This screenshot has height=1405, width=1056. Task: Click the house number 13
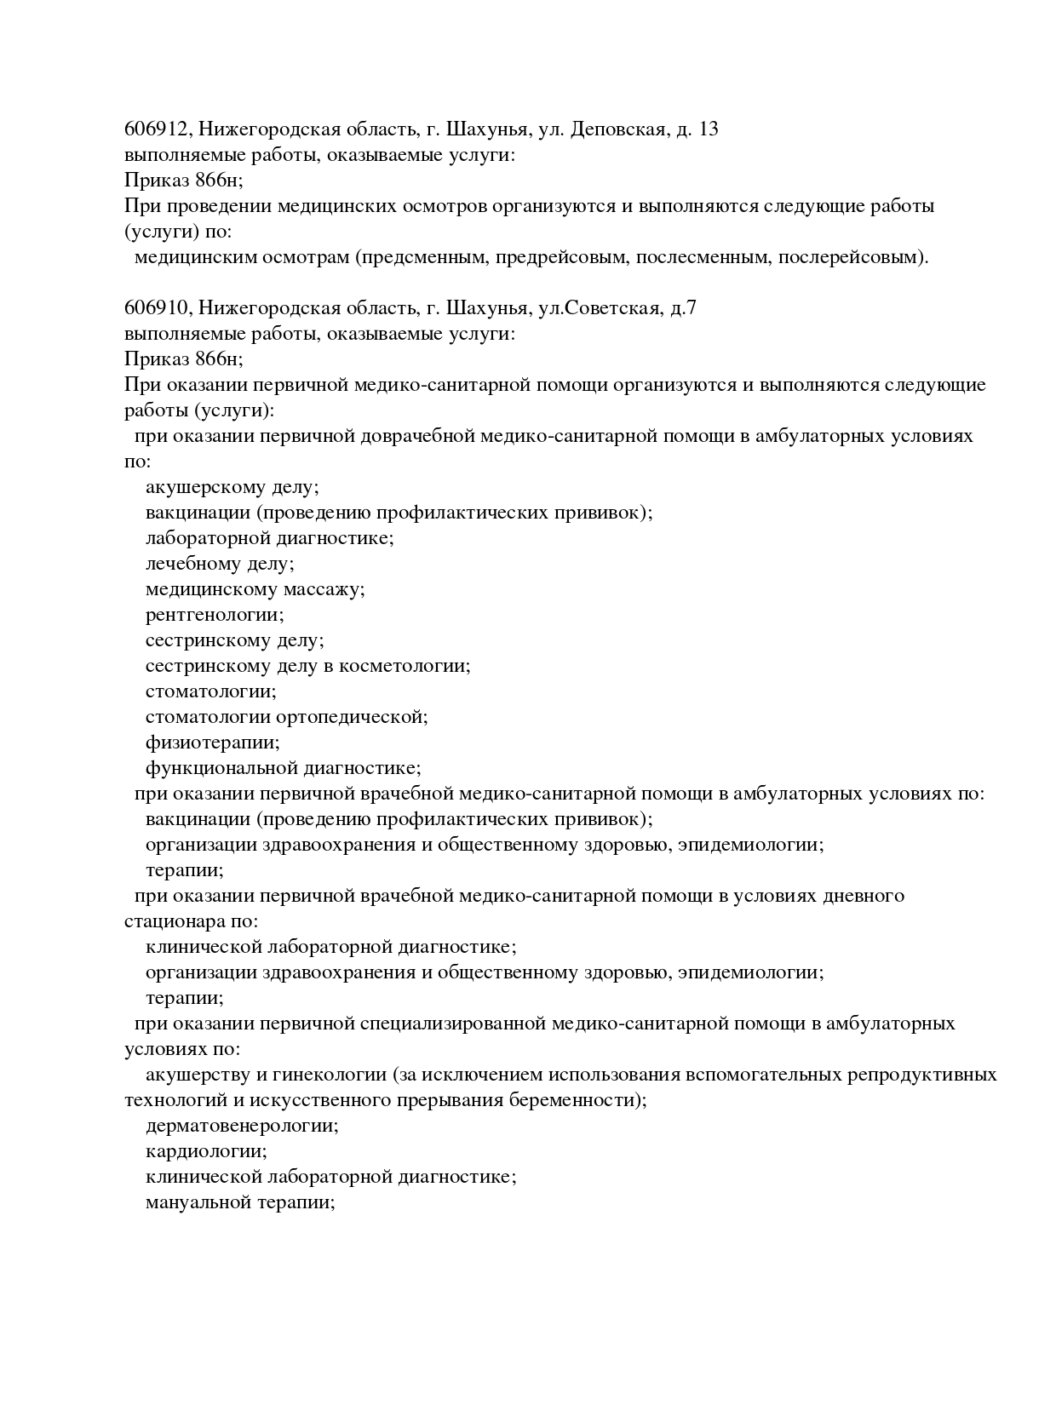tap(708, 129)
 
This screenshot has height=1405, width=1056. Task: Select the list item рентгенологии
tap(215, 615)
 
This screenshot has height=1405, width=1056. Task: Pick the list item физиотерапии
tap(212, 743)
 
